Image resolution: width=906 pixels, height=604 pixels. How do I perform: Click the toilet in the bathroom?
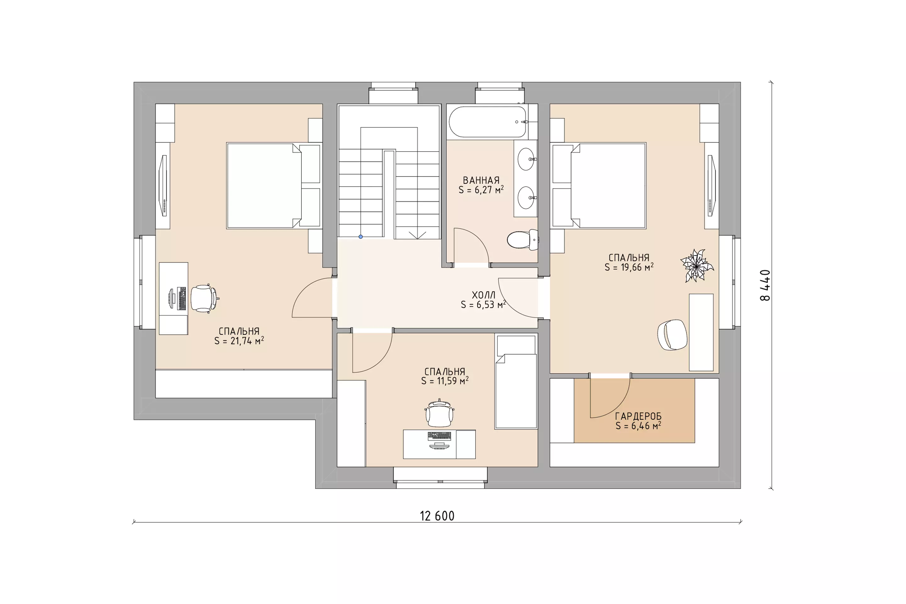coord(523,240)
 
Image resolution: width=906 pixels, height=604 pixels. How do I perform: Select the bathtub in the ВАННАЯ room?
coord(488,121)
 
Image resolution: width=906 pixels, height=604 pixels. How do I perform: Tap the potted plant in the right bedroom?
coord(697,266)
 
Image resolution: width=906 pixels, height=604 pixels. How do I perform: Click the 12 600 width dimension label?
coord(437,516)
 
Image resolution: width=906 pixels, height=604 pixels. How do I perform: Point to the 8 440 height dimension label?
coord(765,285)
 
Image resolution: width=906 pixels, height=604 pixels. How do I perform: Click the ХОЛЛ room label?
coord(484,295)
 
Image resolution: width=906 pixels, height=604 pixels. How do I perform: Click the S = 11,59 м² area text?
coord(445,381)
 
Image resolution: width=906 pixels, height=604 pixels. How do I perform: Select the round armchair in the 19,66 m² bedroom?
coord(672,335)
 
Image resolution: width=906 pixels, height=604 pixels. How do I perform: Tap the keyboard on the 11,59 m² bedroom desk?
coord(439,436)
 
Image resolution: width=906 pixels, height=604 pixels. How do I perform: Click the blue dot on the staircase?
coord(361,237)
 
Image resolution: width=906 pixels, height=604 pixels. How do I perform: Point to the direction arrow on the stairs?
coord(417,235)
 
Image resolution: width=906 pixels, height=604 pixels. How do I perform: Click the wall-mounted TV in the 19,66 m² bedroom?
coord(711,185)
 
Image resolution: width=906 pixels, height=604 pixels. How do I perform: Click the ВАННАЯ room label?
coord(481,180)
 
